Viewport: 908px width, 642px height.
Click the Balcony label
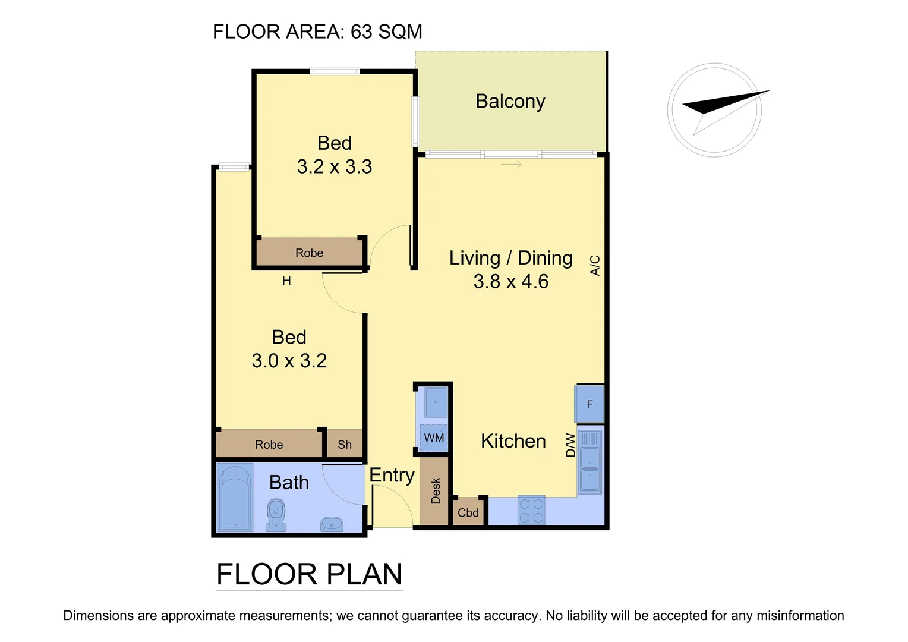click(510, 101)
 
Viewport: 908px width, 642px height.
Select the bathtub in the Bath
click(235, 497)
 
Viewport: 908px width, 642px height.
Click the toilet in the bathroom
click(276, 515)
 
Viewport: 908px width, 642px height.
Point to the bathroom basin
click(332, 524)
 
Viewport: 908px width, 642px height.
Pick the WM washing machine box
click(434, 438)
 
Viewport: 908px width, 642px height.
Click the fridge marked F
click(589, 404)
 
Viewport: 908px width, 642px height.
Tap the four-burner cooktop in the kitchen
click(531, 511)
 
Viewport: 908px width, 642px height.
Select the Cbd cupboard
click(468, 512)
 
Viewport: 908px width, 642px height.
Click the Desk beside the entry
click(436, 491)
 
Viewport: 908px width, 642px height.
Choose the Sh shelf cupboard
click(345, 445)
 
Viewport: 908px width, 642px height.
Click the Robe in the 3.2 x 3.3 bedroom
click(309, 253)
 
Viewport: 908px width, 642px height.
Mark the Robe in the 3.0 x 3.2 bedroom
click(269, 445)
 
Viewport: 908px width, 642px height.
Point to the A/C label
click(595, 265)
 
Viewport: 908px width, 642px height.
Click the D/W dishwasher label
click(570, 445)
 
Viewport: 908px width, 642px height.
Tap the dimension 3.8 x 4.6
click(510, 281)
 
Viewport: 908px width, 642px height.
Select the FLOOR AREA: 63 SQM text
click(317, 32)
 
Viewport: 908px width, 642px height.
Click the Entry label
click(392, 475)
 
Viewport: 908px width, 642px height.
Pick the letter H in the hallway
click(286, 281)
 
